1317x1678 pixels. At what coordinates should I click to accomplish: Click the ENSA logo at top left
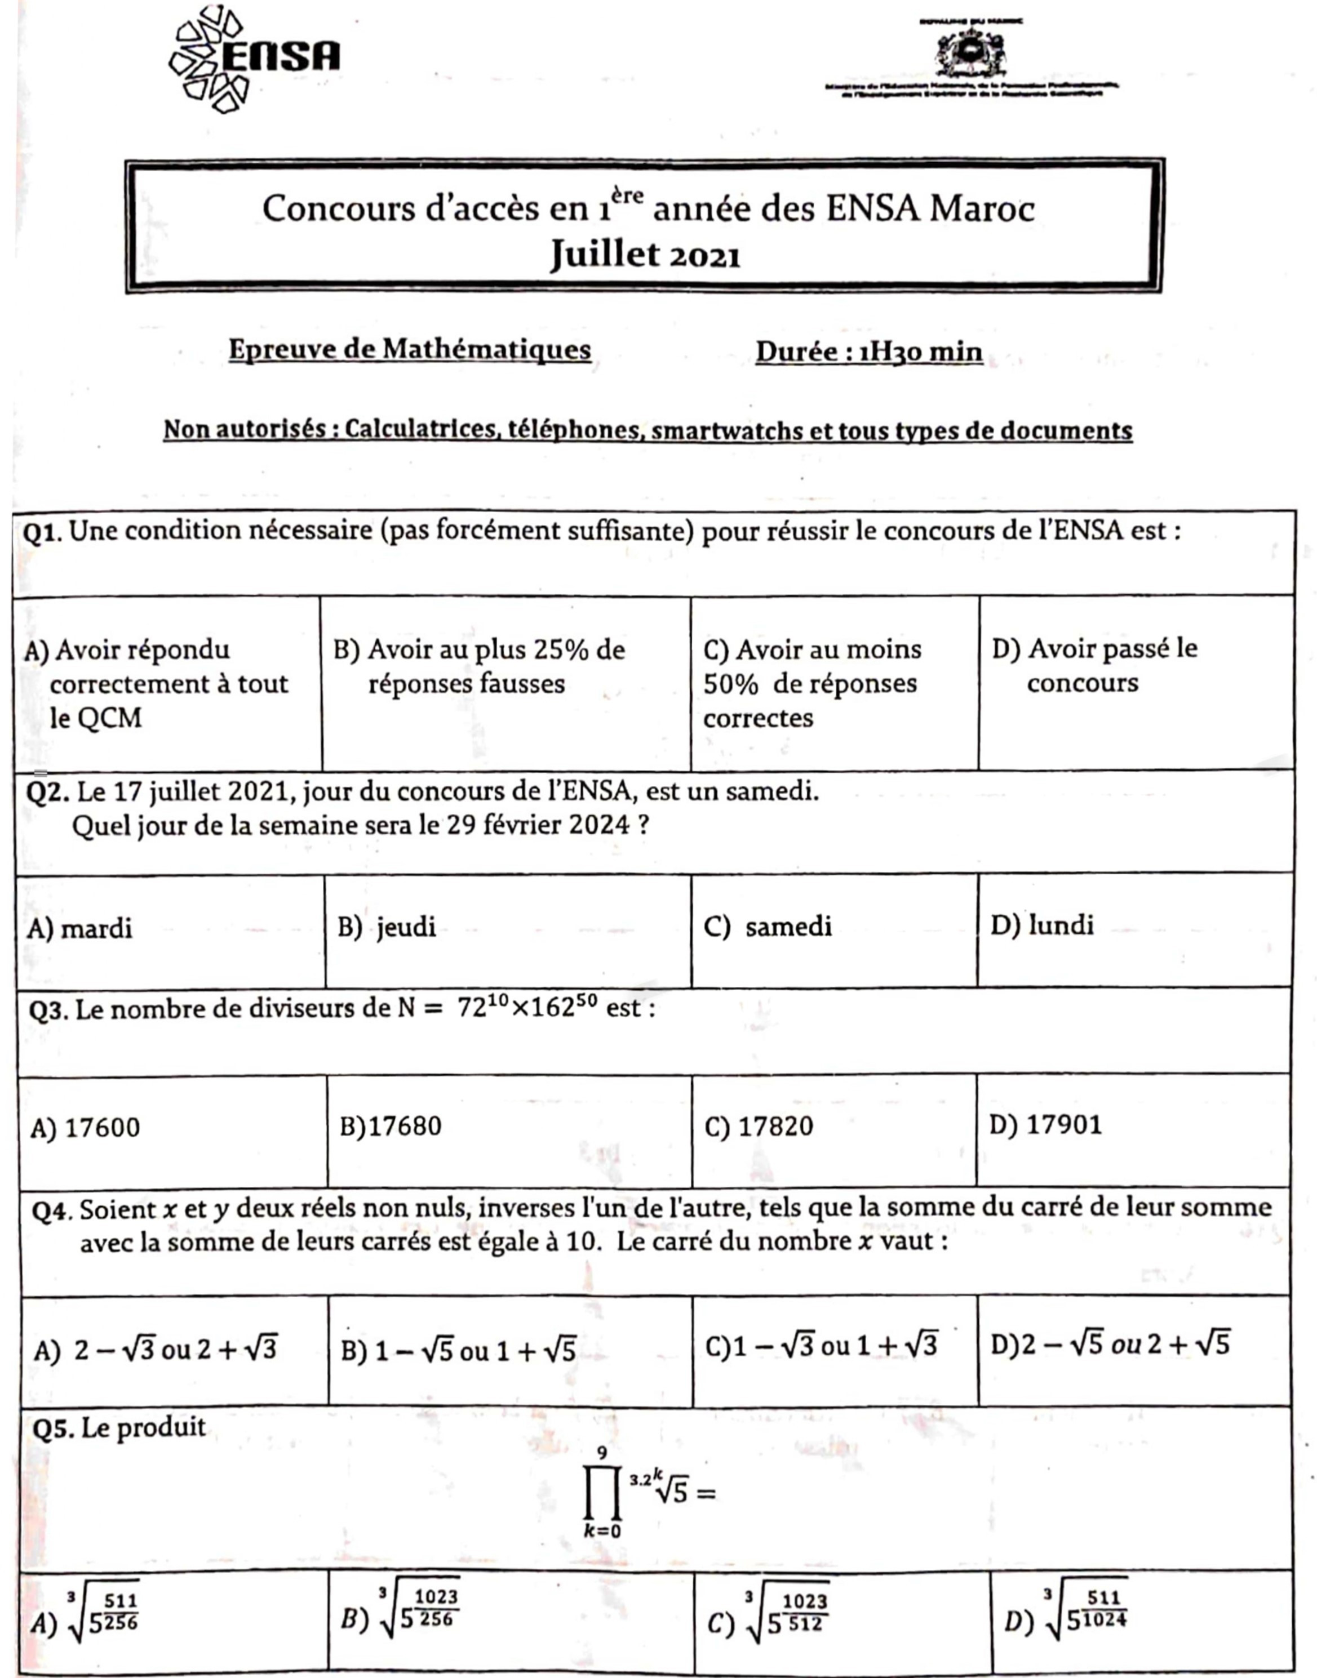point(255,59)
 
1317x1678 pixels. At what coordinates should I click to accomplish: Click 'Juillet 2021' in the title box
point(645,255)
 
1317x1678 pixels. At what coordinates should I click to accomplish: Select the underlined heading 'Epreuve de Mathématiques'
point(410,350)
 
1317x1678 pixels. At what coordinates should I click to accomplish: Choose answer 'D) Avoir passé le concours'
point(1094,665)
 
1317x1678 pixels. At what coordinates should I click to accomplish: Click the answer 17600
point(86,1128)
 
